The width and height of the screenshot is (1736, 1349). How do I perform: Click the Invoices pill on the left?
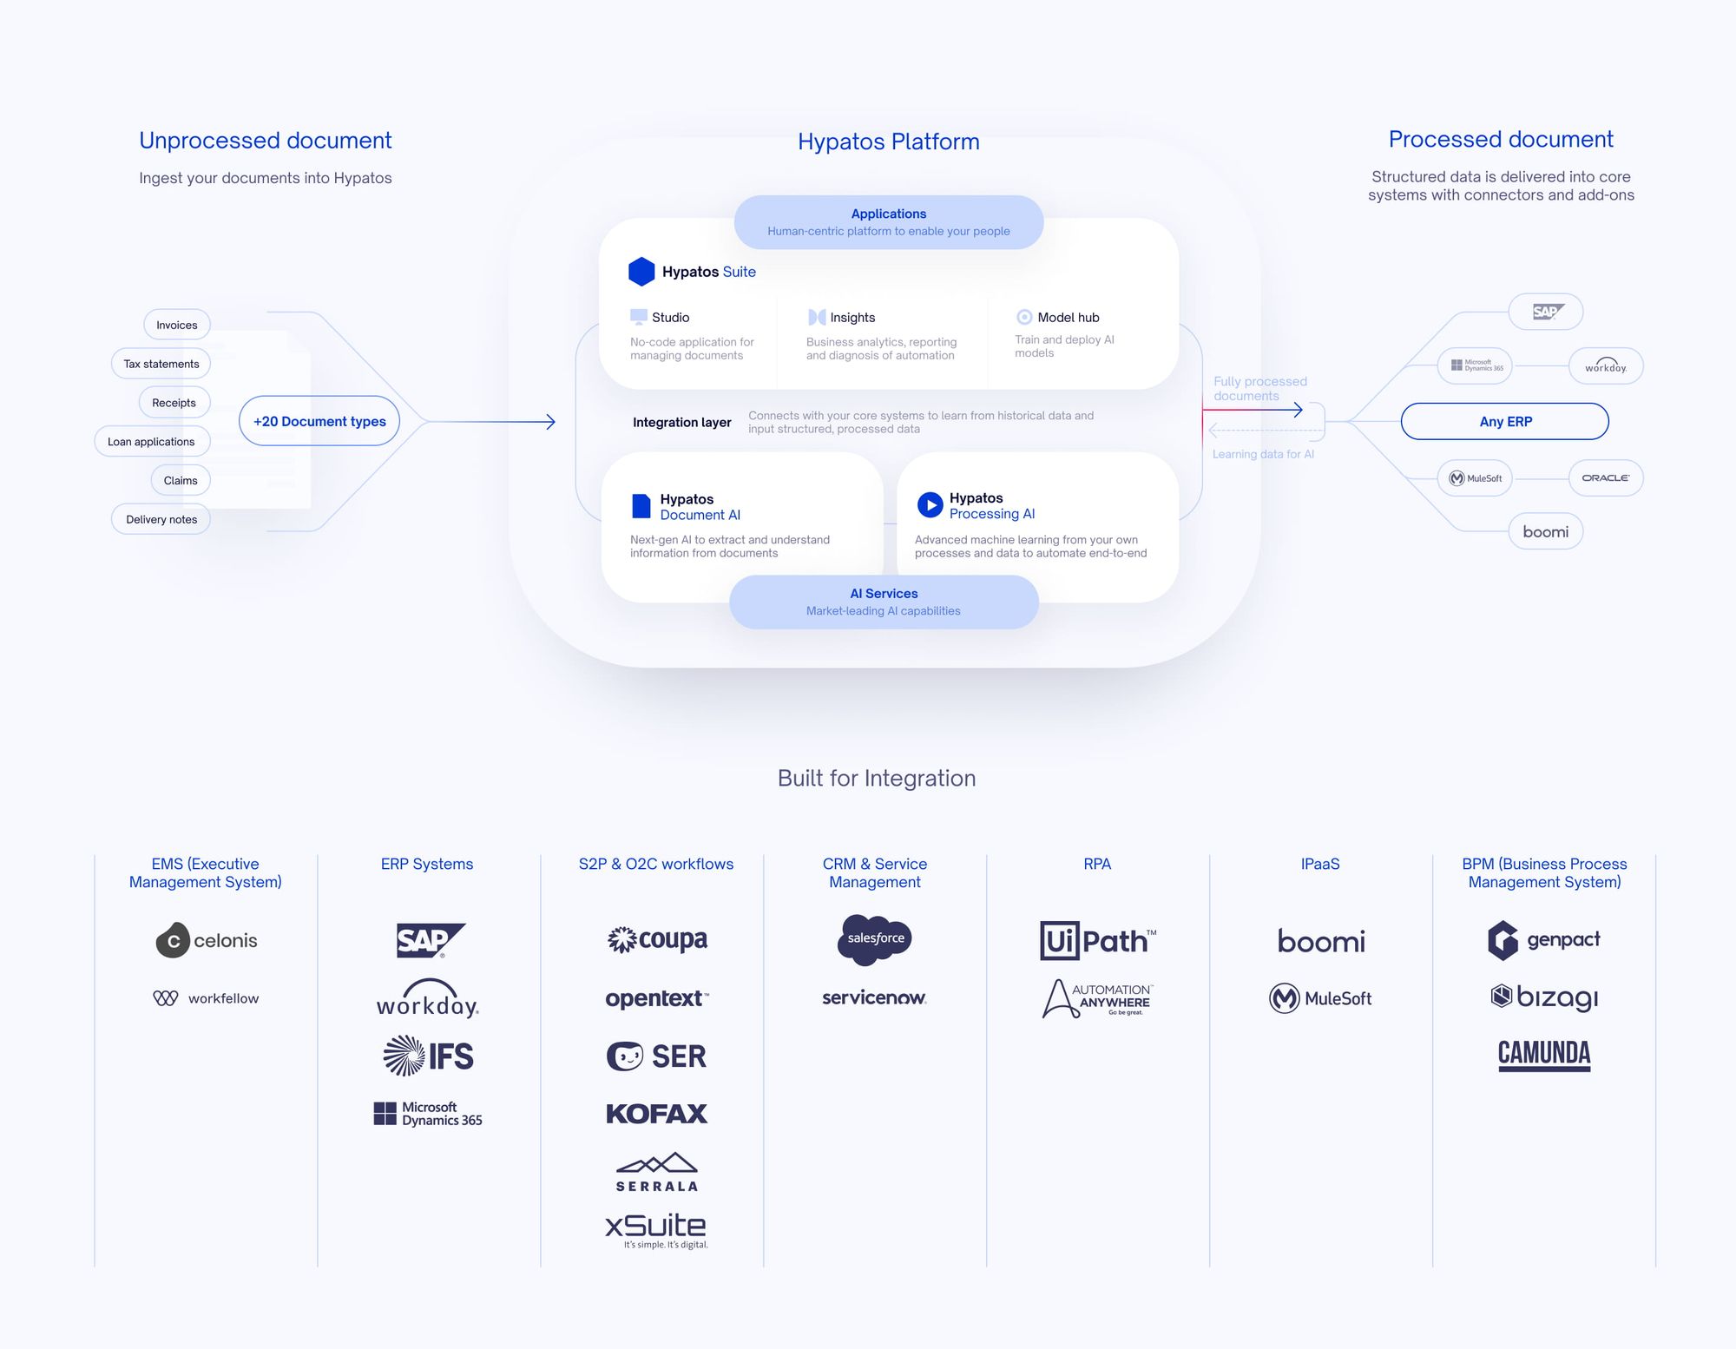(177, 325)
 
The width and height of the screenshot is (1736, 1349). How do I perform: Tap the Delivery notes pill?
(161, 519)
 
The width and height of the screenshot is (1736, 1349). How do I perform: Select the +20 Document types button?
(319, 421)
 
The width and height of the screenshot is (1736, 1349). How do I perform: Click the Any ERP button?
(1504, 421)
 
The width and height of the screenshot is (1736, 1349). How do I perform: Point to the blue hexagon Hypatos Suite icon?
(641, 272)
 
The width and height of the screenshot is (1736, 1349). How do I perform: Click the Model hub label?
(1068, 318)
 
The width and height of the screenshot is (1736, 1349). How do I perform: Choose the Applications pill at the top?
(888, 222)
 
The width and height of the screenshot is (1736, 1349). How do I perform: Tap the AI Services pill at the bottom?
(884, 602)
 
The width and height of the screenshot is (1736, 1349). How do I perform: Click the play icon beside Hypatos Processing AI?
(930, 504)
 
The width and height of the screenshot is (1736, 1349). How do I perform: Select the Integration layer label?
(681, 423)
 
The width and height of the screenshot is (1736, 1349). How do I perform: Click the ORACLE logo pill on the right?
(1605, 477)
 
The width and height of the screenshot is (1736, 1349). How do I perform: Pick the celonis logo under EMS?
(207, 940)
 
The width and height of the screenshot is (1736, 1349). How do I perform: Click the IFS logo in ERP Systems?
(429, 1056)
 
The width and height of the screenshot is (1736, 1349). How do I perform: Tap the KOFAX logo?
(656, 1114)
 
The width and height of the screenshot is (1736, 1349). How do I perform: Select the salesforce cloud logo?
(875, 938)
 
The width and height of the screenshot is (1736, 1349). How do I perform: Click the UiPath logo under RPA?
(1097, 940)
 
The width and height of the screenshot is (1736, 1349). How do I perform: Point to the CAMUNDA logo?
(1544, 1055)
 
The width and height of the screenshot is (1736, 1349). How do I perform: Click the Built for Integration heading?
(877, 778)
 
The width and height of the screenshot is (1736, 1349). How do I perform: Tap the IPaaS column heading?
(1319, 864)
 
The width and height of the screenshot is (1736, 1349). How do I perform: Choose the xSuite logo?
(656, 1227)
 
